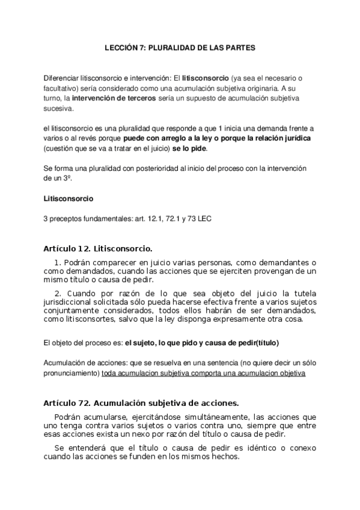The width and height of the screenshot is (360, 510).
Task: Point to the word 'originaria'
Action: click(x=261, y=88)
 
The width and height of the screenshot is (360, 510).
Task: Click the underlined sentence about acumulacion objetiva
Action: click(x=204, y=373)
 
